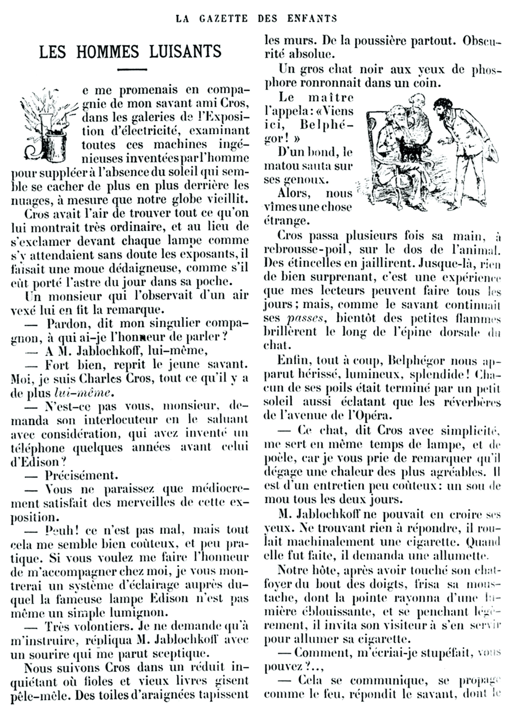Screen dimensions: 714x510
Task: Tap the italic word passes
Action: pos(305,318)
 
